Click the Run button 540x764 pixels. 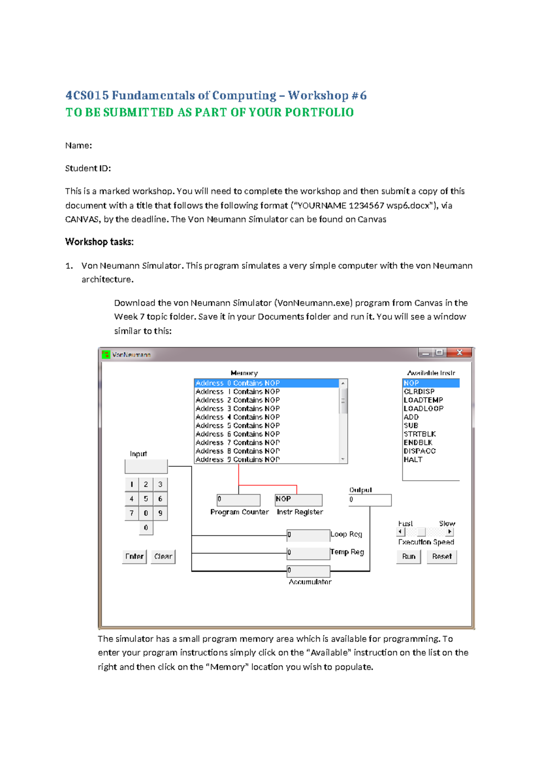(x=409, y=557)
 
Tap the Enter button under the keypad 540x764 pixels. (x=134, y=557)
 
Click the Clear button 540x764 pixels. (x=163, y=557)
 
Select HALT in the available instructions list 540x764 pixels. (x=413, y=459)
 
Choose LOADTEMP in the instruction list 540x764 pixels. (x=423, y=400)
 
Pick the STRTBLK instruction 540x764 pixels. (x=419, y=434)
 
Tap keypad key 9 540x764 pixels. (x=160, y=513)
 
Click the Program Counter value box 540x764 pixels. (x=238, y=500)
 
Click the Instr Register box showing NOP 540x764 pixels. (x=298, y=500)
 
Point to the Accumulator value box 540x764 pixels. (x=308, y=571)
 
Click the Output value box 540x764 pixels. (x=369, y=500)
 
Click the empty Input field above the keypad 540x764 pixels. (x=146, y=466)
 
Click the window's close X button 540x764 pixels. (x=459, y=353)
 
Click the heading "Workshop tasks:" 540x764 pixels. (x=99, y=242)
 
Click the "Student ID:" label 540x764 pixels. (x=88, y=168)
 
